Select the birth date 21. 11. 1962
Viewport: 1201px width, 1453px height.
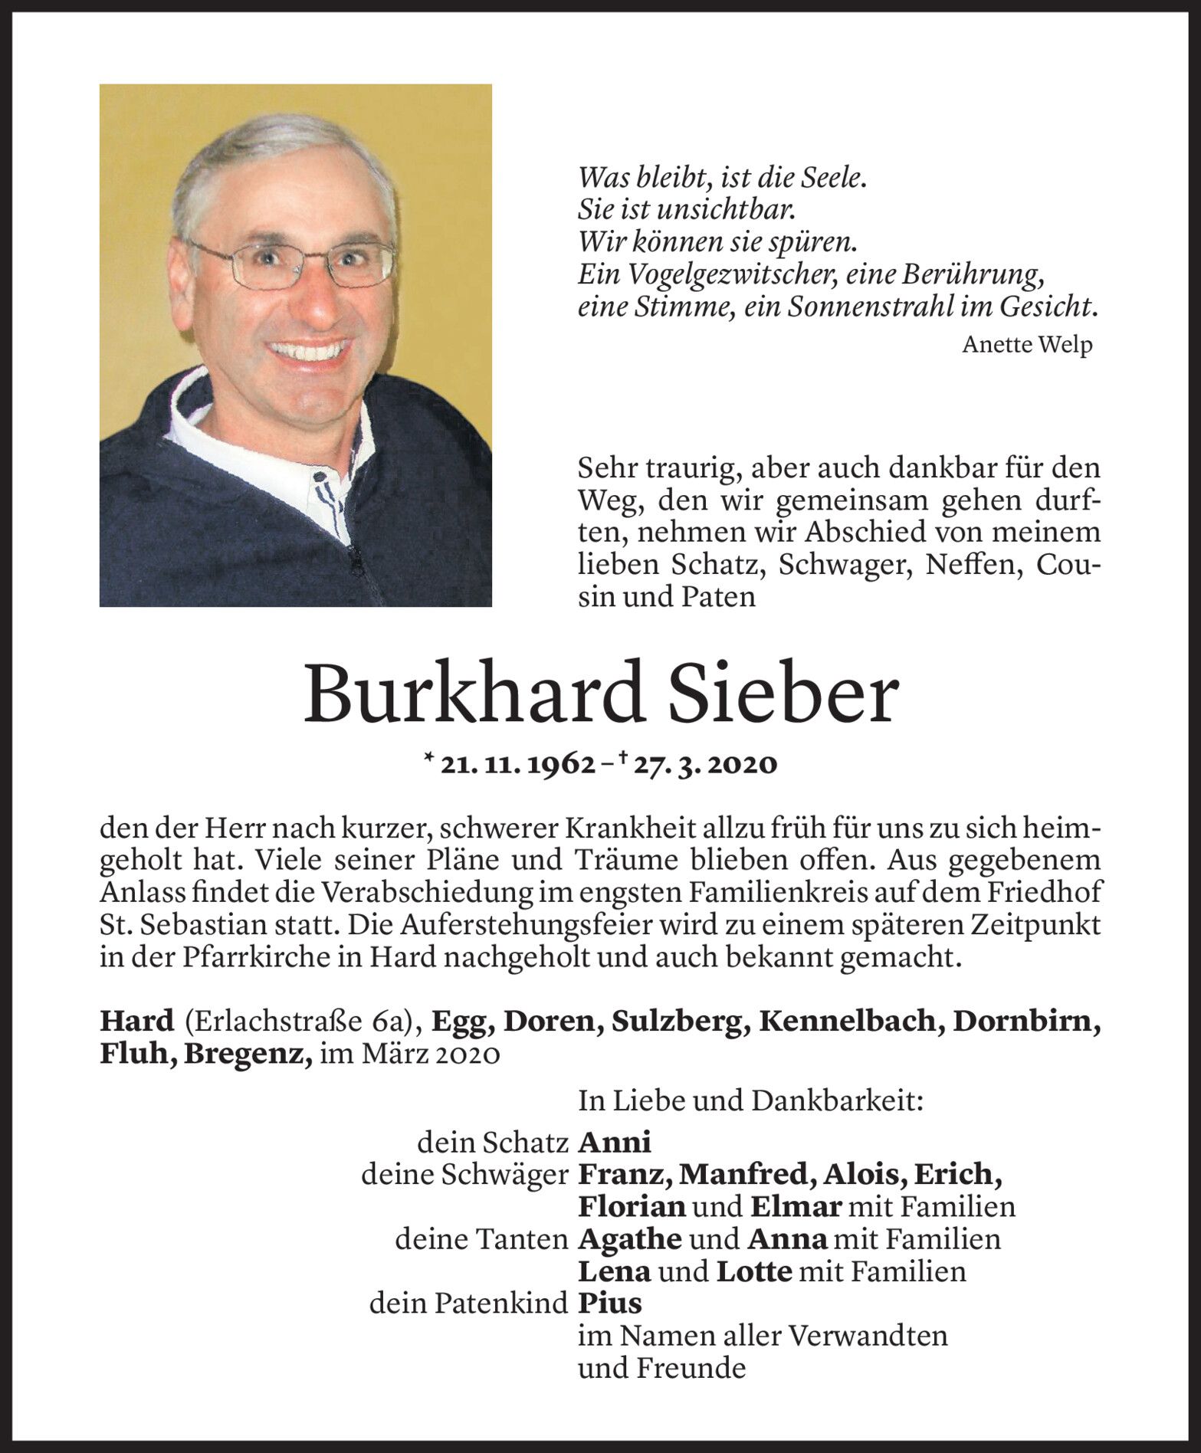[518, 764]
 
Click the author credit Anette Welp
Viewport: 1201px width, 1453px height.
[1026, 345]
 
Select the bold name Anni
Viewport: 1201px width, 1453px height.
[615, 1143]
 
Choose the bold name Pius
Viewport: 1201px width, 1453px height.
[610, 1303]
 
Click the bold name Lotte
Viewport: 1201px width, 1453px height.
[753, 1271]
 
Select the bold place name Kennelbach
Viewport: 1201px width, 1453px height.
[846, 1022]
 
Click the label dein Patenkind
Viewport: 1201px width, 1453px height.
[468, 1303]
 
